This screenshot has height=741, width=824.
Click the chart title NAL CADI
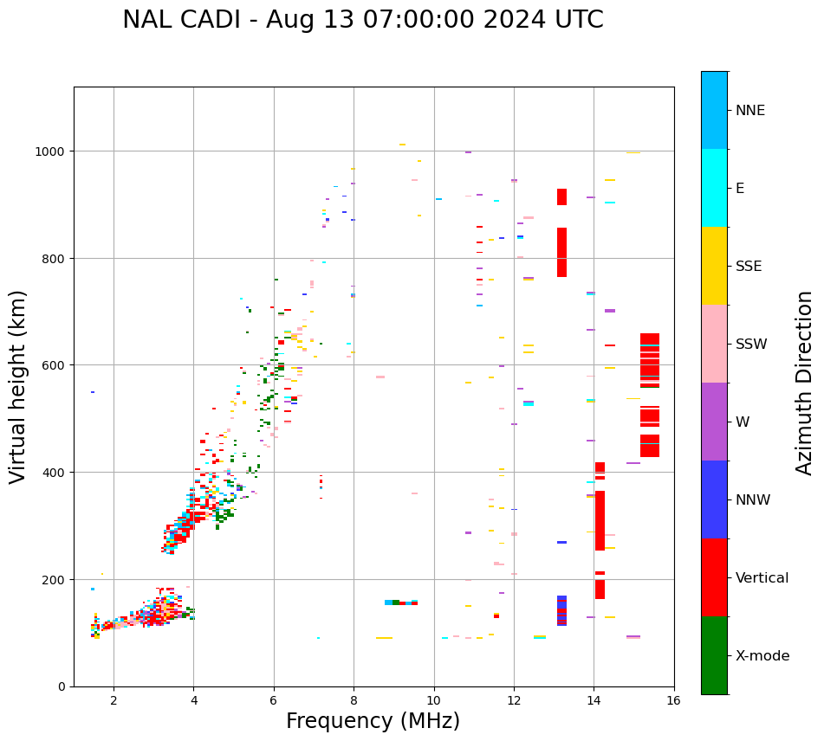pos(362,20)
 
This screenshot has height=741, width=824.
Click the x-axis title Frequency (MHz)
pos(373,721)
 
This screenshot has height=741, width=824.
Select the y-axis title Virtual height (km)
pos(18,386)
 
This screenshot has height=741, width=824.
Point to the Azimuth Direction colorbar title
pos(805,383)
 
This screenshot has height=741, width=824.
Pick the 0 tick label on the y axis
pos(62,686)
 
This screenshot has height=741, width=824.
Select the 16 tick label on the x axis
pos(674,701)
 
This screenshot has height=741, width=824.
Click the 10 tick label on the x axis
pos(434,701)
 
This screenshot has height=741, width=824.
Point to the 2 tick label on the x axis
pos(114,701)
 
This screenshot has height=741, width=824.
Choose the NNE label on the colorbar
pos(750,111)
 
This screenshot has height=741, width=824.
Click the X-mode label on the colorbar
pos(762,656)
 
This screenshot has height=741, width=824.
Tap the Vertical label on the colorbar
pos(762,578)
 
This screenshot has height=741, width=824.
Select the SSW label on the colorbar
pos(751,345)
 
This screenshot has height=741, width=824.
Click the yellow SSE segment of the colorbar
pos(714,266)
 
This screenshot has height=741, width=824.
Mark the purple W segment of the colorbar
pos(714,422)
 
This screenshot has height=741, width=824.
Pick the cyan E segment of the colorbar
pos(714,188)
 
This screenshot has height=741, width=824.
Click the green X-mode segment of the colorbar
pos(714,655)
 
